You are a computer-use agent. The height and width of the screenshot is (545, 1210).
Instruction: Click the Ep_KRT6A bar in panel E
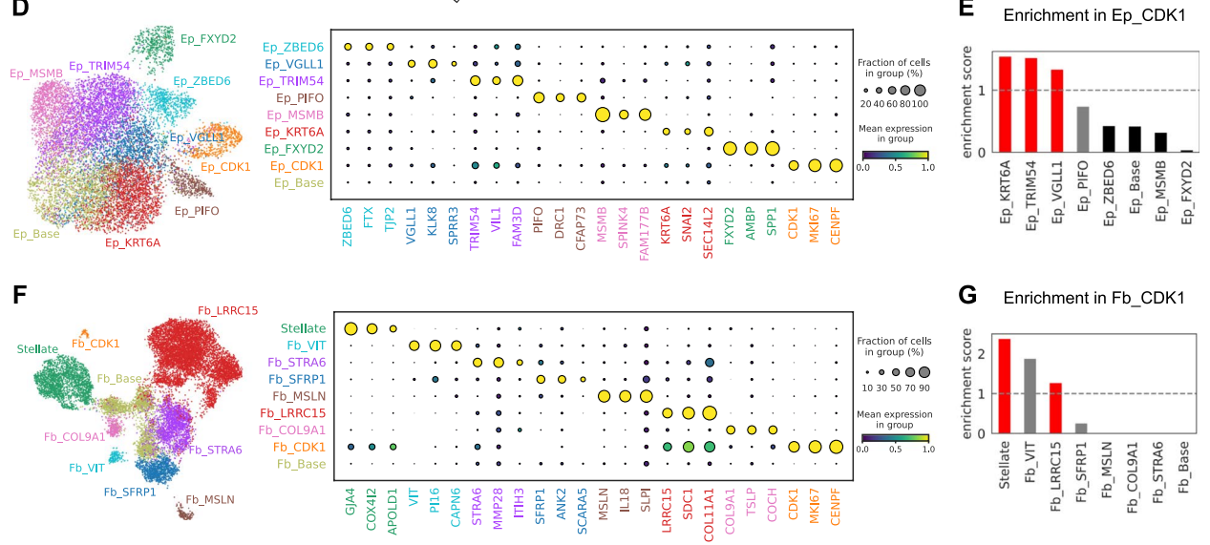coord(1005,104)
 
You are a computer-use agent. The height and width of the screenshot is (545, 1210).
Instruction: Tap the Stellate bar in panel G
coord(1004,386)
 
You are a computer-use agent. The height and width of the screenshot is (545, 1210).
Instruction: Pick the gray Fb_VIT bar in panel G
coord(1030,395)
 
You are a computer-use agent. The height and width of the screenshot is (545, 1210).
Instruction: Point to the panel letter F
coord(18,293)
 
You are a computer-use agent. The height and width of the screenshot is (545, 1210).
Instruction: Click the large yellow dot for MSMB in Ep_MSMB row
coord(603,115)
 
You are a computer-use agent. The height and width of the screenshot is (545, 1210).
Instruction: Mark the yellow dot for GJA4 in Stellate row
coord(350,329)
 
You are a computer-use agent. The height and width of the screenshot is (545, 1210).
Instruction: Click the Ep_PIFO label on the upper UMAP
coord(197,210)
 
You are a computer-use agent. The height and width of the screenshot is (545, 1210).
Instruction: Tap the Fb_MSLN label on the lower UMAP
coord(209,499)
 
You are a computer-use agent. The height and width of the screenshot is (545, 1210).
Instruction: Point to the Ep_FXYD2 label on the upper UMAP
coord(207,39)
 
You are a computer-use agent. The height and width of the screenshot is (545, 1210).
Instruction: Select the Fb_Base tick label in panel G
coord(1184,470)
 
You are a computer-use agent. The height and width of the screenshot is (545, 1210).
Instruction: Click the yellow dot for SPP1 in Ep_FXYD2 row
coord(772,148)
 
